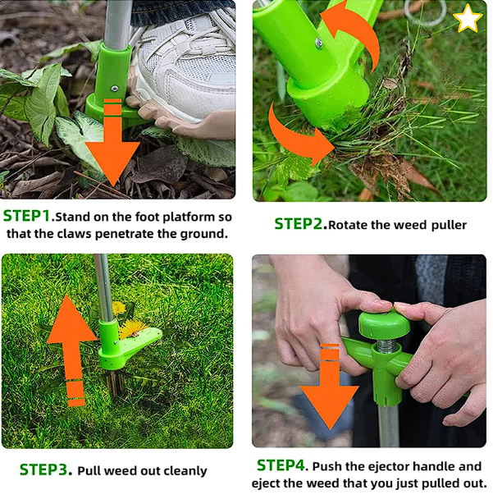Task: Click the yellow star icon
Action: click(x=468, y=17)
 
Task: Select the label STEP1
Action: click(x=27, y=217)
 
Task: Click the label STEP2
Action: click(x=299, y=223)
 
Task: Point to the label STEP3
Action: click(x=44, y=470)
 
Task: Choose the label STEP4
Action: click(x=281, y=465)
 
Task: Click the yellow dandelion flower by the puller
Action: click(x=130, y=329)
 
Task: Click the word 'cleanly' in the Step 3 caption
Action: click(x=182, y=471)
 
